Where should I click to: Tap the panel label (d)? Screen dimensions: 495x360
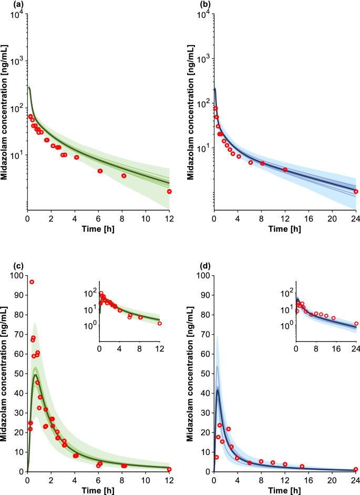tap(193, 266)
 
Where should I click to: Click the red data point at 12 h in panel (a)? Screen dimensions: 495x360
tap(169, 191)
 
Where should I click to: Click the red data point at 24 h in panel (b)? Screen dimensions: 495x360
tap(356, 191)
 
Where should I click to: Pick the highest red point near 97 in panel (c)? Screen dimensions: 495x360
tap(32, 282)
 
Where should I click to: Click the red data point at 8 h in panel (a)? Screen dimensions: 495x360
tap(124, 176)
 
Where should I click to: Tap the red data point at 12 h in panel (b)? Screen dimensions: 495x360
tap(285, 170)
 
